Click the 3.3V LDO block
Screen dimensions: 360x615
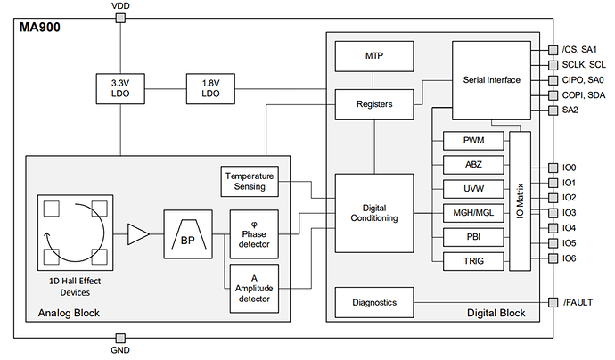[119, 88]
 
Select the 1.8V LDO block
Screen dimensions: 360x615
[210, 88]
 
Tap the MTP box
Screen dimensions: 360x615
[373, 57]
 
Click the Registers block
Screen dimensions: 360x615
[373, 103]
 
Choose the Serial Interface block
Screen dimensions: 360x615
[492, 80]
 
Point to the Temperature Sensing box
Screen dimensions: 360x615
[250, 182]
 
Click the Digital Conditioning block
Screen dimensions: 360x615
[373, 213]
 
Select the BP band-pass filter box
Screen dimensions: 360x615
[187, 234]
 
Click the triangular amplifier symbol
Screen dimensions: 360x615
[139, 235]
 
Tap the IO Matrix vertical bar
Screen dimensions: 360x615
[519, 200]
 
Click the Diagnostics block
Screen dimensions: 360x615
[373, 303]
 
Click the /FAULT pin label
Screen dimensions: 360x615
[581, 303]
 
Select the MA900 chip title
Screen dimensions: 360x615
[41, 27]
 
